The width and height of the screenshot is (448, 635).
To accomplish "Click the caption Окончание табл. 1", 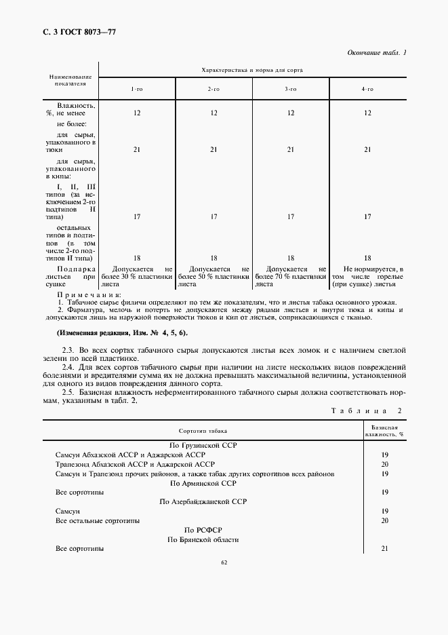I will (376, 53).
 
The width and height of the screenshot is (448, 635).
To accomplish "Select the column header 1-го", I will (137, 89).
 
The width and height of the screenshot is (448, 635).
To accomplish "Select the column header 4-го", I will (367, 89).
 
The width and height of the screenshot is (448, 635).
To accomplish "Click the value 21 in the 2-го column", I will (213, 149).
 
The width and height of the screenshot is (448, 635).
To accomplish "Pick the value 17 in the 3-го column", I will (290, 217).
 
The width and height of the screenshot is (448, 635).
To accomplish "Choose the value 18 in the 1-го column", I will (137, 258).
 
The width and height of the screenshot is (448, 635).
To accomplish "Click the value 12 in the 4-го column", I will (367, 113).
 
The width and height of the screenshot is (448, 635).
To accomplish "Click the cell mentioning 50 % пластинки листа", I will (213, 277).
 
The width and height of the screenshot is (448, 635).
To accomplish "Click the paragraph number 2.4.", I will (68, 366).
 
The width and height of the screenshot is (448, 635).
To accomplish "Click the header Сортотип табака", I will (203, 431).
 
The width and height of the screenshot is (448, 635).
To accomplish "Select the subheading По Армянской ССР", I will (203, 483).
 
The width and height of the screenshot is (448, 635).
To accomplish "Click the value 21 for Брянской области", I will (384, 548).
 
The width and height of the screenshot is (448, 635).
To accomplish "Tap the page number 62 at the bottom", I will (224, 562).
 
